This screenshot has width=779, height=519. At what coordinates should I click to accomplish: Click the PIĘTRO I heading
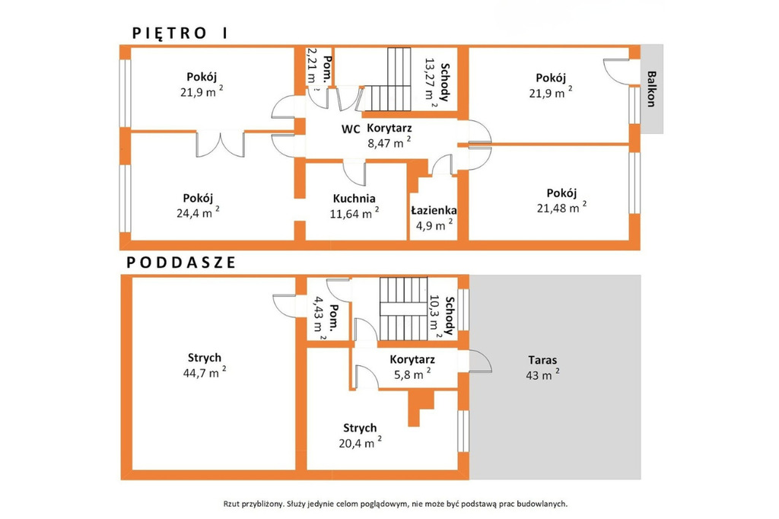click(x=180, y=33)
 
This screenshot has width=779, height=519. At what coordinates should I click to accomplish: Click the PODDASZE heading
click(x=181, y=263)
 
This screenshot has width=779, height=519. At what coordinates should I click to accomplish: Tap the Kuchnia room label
click(x=355, y=199)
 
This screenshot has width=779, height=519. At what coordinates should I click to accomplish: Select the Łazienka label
click(x=434, y=211)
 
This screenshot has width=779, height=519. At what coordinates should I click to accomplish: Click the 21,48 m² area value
click(x=561, y=207)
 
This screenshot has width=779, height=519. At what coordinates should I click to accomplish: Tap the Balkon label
click(x=651, y=89)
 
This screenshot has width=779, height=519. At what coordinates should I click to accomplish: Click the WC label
click(x=350, y=129)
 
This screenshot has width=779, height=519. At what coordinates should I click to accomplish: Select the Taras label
click(x=542, y=360)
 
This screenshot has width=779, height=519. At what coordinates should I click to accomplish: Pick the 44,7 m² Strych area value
click(x=205, y=372)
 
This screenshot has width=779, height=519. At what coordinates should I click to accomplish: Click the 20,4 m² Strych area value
click(x=360, y=442)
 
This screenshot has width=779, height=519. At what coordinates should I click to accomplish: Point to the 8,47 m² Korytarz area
click(x=389, y=143)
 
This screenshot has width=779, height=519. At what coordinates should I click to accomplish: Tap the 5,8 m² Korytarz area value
click(x=412, y=374)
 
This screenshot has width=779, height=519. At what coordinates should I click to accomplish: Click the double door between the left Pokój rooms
click(x=220, y=144)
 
